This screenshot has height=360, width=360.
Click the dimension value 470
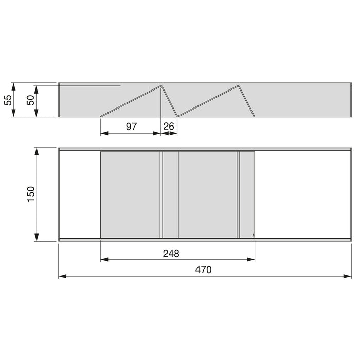204,269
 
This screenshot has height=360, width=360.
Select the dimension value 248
171,253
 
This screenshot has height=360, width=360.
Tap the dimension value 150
30,194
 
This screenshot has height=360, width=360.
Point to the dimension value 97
131,126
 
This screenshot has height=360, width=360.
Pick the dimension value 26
169,126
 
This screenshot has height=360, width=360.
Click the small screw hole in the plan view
253,235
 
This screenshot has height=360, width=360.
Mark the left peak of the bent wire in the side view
161,85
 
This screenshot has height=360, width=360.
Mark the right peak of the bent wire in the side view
238,85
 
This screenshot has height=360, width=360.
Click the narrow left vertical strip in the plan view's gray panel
161,194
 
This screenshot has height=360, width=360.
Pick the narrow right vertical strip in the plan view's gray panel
239,194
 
